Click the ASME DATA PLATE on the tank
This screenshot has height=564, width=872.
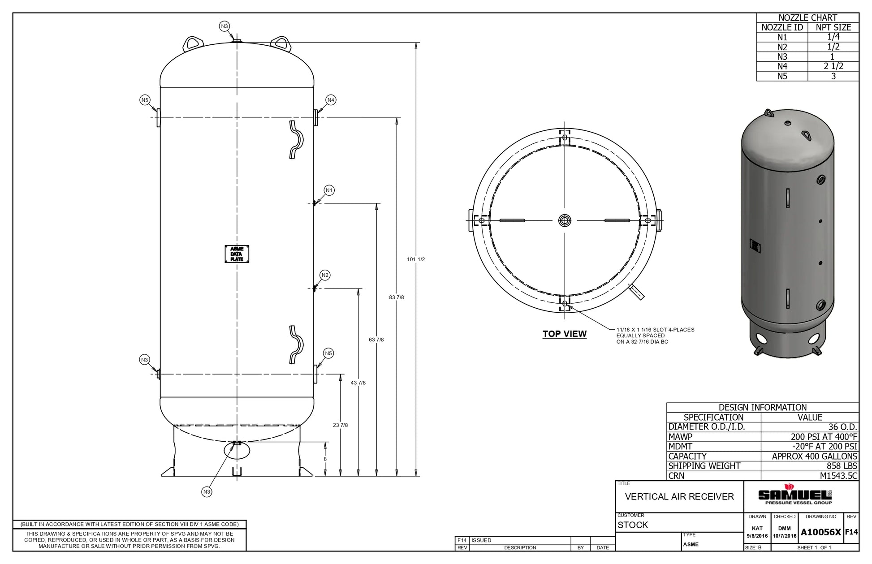pos(237,254)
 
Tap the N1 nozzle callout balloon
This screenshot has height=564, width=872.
pos(329,190)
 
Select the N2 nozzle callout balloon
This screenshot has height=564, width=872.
pos(325,275)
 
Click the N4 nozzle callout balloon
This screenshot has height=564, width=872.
pos(331,100)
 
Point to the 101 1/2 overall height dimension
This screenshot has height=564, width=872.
pos(416,259)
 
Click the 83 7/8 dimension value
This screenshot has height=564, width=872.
pos(397,297)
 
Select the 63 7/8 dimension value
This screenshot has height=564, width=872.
pos(376,340)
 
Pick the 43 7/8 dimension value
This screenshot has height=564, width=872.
pos(358,383)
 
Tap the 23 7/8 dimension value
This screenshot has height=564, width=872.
pos(340,425)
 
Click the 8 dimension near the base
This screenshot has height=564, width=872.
pos(325,459)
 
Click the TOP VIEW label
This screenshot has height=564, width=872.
pos(565,334)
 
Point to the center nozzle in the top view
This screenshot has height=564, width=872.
pos(565,220)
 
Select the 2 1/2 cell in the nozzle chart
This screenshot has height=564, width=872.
pos(833,66)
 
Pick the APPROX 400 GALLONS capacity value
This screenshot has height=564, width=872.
pos(815,456)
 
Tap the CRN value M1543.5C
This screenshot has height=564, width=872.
pos(838,476)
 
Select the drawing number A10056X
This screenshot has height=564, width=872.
pos(821,532)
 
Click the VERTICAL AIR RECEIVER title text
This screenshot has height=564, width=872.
pos(679,496)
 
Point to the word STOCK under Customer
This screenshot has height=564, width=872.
pos(633,525)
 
